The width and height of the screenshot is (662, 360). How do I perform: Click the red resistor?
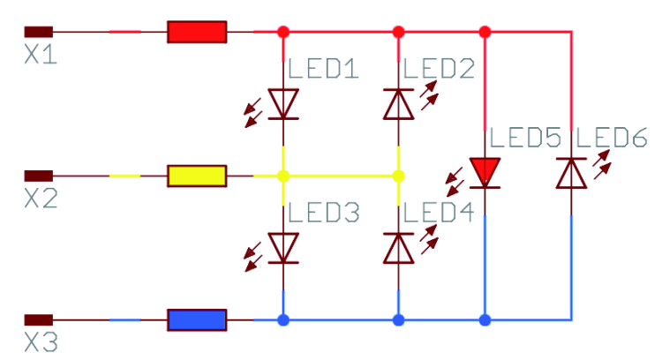coord(197,32)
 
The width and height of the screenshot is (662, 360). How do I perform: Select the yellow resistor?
coord(197,176)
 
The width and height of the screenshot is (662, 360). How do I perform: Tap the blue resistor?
coord(197,320)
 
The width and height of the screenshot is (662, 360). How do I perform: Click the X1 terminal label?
coord(41,55)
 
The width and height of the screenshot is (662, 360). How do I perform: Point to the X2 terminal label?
coord(41,199)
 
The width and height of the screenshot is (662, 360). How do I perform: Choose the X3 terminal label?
coord(41,342)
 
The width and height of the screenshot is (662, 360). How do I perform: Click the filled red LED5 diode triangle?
coord(485,172)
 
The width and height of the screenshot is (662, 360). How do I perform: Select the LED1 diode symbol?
coord(283,104)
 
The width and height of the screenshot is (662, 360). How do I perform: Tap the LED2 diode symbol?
coord(398,104)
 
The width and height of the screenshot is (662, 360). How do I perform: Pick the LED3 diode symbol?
coord(283,248)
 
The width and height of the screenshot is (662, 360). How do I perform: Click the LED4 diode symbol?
coord(398,248)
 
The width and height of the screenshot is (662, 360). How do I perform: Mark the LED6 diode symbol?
coord(571,173)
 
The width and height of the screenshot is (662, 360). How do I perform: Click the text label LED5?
coord(526,138)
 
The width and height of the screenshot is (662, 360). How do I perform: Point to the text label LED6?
coord(612,138)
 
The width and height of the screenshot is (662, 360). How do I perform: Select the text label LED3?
coord(324,213)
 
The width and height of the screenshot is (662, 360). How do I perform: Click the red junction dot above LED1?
coord(283,32)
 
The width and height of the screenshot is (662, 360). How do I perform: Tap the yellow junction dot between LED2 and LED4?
coord(398,176)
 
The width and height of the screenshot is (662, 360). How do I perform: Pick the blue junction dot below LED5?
coord(485,320)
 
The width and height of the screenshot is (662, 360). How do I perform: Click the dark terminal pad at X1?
coord(39,32)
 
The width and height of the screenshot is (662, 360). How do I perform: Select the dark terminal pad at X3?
coord(39,320)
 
